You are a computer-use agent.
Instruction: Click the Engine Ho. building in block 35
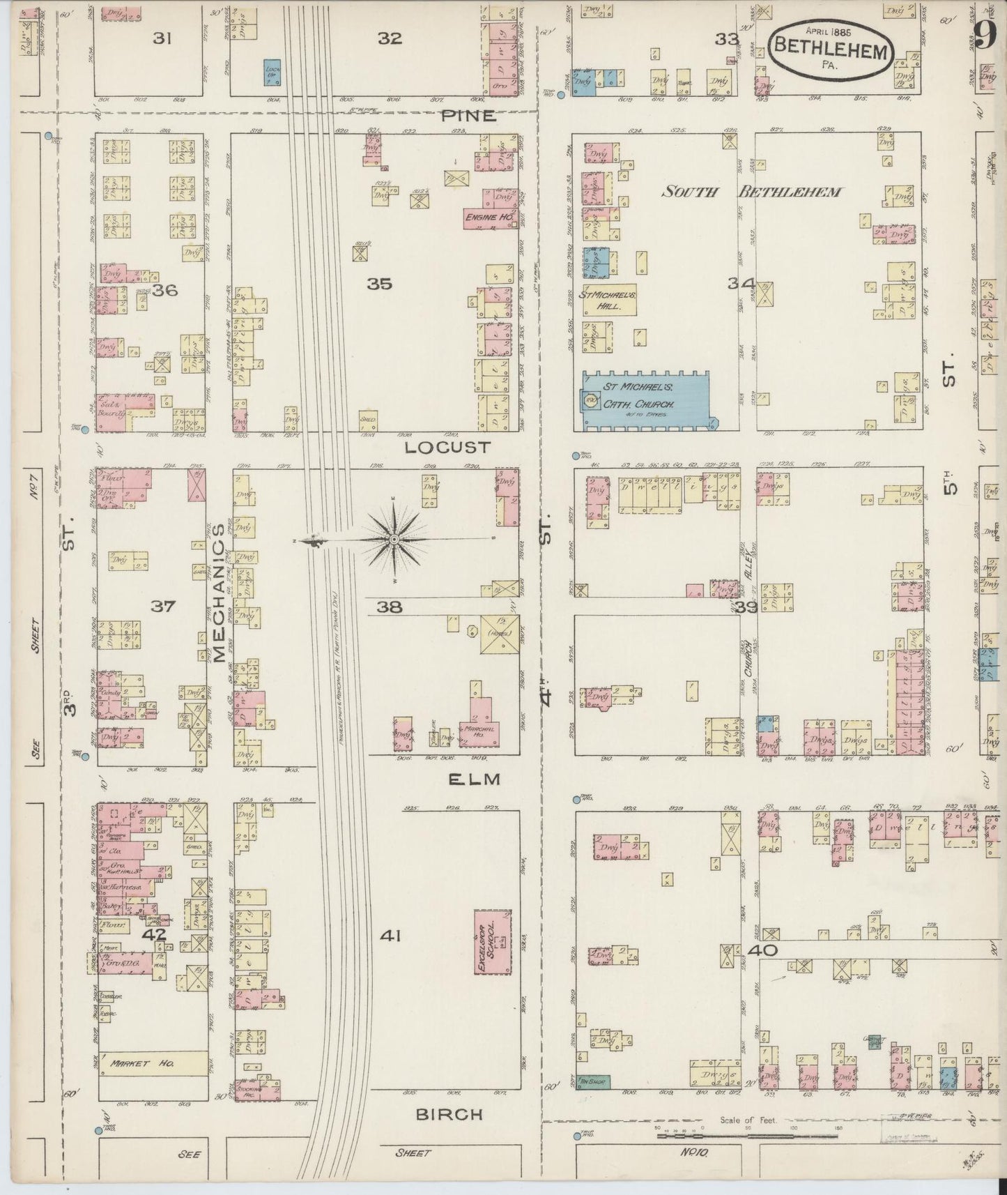(x=491, y=218)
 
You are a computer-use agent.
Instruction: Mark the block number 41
(x=390, y=936)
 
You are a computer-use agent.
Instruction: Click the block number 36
(x=165, y=289)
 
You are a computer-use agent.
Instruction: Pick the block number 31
(x=162, y=39)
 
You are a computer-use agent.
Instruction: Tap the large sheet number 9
(x=984, y=35)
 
